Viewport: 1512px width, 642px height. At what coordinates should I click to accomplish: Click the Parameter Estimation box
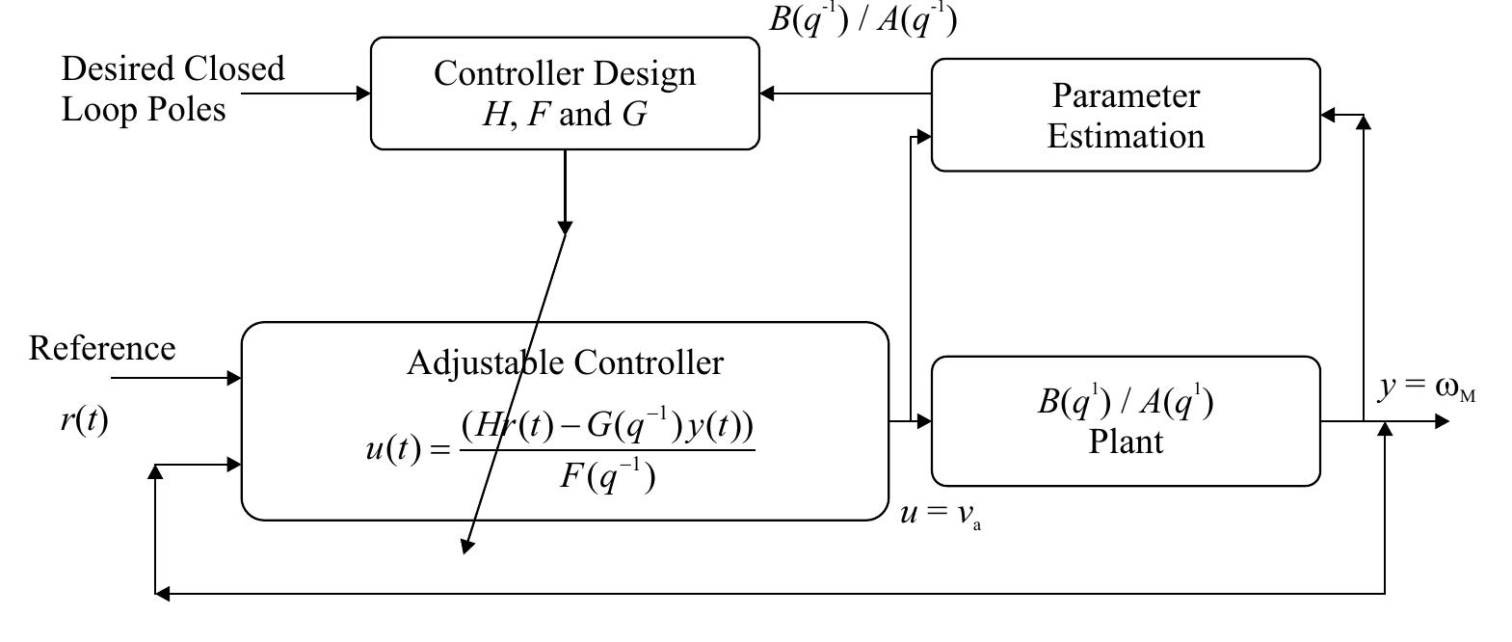coord(1126,116)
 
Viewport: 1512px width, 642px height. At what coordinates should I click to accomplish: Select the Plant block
coord(1126,422)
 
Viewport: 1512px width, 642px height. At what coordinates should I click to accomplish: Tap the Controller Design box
coord(565,94)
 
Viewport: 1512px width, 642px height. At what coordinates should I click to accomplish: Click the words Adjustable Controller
coord(565,363)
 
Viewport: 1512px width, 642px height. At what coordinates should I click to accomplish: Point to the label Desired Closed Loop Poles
coord(173,89)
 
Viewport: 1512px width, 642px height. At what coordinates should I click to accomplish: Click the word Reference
coord(102,348)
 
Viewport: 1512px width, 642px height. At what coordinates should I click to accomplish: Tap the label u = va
coord(940,514)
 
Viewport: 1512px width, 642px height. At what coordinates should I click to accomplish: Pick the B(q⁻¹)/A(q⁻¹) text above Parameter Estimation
coord(862,19)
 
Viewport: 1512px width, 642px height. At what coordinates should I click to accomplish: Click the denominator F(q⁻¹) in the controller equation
coord(607,476)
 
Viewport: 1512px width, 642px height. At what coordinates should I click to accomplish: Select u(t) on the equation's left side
coord(393,449)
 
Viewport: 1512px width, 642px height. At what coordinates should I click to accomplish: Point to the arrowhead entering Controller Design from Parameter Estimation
coord(767,94)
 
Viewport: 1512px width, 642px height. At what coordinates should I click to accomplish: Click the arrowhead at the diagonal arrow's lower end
coord(467,546)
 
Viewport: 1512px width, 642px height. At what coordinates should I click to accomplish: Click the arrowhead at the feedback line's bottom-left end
coord(162,594)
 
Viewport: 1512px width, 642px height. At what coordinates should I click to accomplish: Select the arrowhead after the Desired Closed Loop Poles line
coord(363,94)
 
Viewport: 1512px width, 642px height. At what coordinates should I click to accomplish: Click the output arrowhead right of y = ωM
coord(1442,421)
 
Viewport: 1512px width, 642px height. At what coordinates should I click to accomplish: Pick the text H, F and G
coord(565,115)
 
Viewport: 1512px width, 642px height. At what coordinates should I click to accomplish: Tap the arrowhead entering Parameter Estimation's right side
coord(1328,116)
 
